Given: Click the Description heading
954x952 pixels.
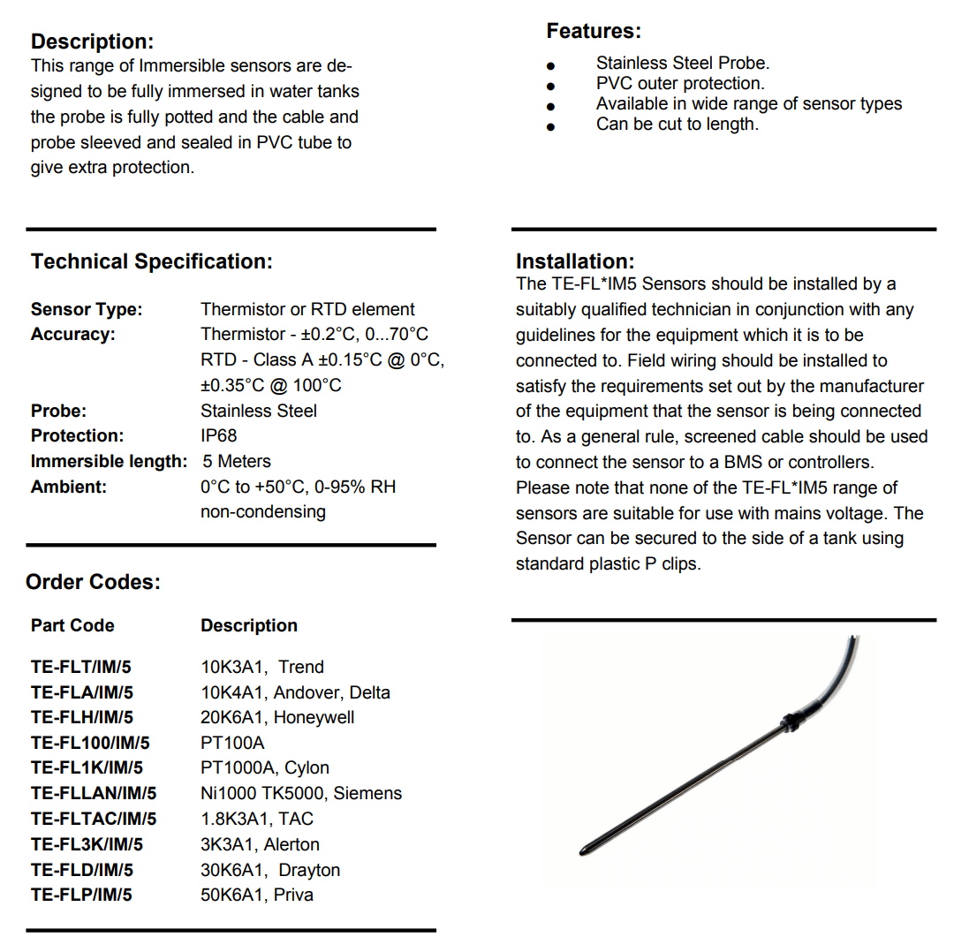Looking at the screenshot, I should pos(92,42).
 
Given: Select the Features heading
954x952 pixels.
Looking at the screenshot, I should pos(594,31).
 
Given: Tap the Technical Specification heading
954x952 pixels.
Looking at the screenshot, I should pos(151,261).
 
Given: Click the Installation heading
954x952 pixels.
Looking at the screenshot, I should pos(575,261).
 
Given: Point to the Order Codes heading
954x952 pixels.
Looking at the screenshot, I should pos(93,582).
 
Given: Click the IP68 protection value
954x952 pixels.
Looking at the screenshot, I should pos(219,435).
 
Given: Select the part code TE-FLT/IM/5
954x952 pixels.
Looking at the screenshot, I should pos(81,667).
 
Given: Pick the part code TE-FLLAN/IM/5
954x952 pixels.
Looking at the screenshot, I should pos(94,793).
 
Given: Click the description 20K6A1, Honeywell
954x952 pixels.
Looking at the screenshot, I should pos(277,717).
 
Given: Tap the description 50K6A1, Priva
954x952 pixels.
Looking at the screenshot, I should pos(257,895).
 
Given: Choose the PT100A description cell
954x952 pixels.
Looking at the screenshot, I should pos(232,743).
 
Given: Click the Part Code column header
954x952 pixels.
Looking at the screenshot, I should pos(72,625).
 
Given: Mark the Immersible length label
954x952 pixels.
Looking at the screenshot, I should pos(109,461).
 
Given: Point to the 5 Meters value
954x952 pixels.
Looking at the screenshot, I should pos(237,461).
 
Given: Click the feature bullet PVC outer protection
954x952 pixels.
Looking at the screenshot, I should pos(680,84).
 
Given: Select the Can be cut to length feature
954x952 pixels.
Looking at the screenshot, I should pos(677,125).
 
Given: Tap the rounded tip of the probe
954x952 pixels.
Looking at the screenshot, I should pos(584,850).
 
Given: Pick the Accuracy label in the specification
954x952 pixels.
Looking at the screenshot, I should pos(72,335).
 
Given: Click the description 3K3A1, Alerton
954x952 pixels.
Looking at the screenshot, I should pos(260,844).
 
